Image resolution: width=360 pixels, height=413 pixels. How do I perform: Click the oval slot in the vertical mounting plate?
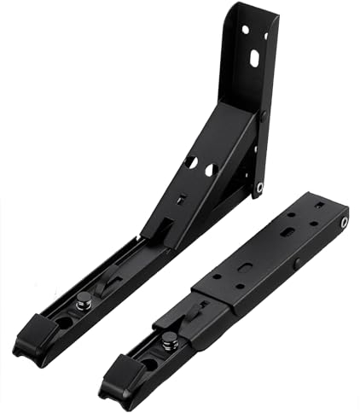(253, 57)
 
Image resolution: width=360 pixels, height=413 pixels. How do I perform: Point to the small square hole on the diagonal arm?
(180, 201)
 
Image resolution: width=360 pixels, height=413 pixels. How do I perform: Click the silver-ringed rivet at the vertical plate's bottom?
(259, 187)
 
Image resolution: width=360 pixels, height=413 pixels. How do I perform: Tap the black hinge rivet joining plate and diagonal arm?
(262, 115)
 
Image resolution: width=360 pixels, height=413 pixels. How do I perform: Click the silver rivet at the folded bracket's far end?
(344, 223)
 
